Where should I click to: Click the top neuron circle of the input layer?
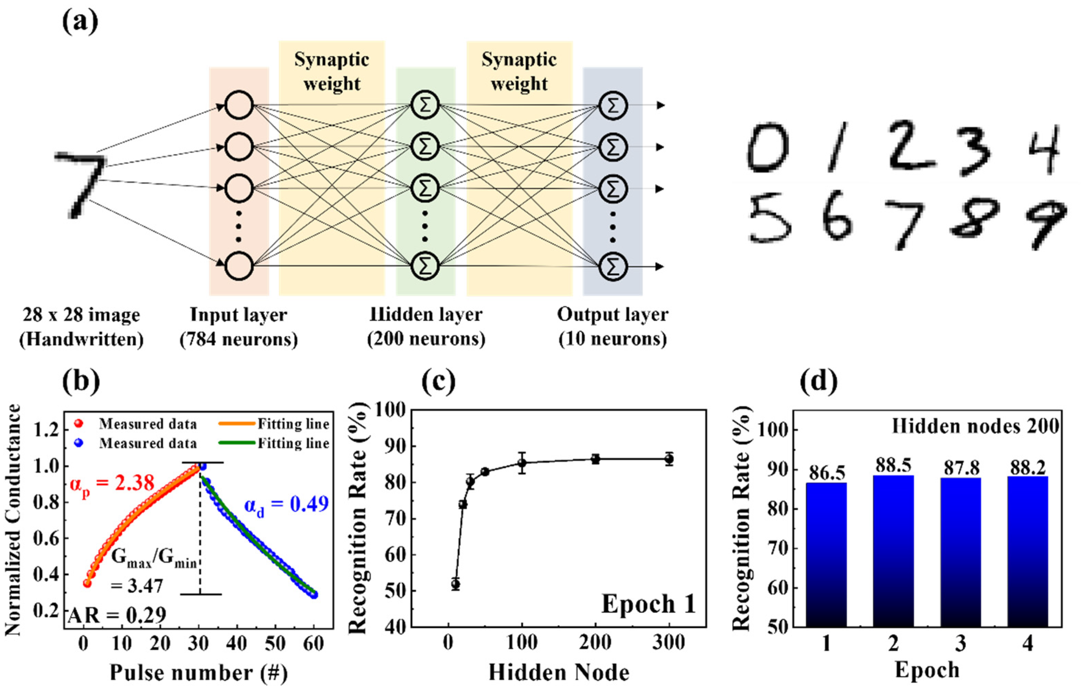tap(238, 105)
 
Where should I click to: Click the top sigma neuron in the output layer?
tap(613, 105)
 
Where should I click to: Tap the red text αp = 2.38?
tap(112, 484)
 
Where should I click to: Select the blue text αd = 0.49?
tap(286, 505)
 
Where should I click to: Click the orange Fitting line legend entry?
tap(274, 424)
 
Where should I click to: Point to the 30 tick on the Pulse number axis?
tap(198, 644)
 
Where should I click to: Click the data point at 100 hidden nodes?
tap(522, 463)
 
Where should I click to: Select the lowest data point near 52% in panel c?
tap(456, 584)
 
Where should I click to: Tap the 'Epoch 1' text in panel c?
tap(648, 604)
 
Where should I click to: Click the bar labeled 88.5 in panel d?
tap(893, 551)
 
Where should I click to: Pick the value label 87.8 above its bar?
tap(961, 468)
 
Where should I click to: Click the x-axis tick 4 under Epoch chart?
tap(1027, 644)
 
